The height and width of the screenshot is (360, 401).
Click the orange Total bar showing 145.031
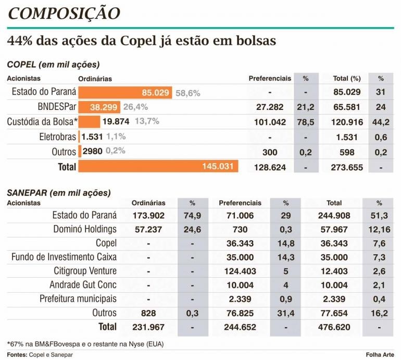tap(158, 166)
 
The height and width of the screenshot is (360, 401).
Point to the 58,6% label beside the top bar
tap(187, 93)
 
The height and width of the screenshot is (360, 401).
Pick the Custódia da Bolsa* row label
tap(42, 121)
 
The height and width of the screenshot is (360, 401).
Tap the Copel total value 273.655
tap(346, 167)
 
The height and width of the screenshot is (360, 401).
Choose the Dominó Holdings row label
tap(84, 229)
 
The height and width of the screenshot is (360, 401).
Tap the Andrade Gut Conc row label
tap(83, 285)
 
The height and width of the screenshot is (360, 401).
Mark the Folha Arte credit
tap(380, 354)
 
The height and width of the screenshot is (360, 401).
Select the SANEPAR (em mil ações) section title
tap(59, 192)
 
